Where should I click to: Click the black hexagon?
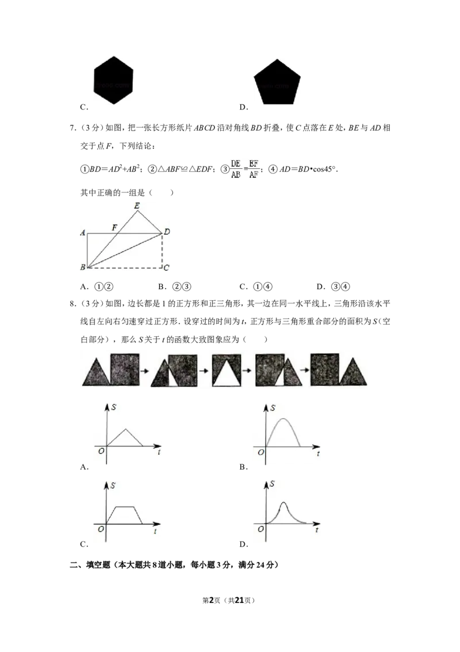(x=114, y=81)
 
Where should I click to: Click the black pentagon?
(x=278, y=82)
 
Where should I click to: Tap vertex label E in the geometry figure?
(x=136, y=205)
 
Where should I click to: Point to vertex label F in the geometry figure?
(x=114, y=228)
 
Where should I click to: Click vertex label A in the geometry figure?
(x=83, y=233)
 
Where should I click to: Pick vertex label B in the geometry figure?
(x=83, y=267)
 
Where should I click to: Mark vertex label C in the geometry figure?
(x=166, y=268)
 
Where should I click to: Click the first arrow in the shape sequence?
(x=144, y=369)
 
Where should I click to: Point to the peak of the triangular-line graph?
(x=126, y=428)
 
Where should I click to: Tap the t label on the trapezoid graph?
(x=155, y=532)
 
